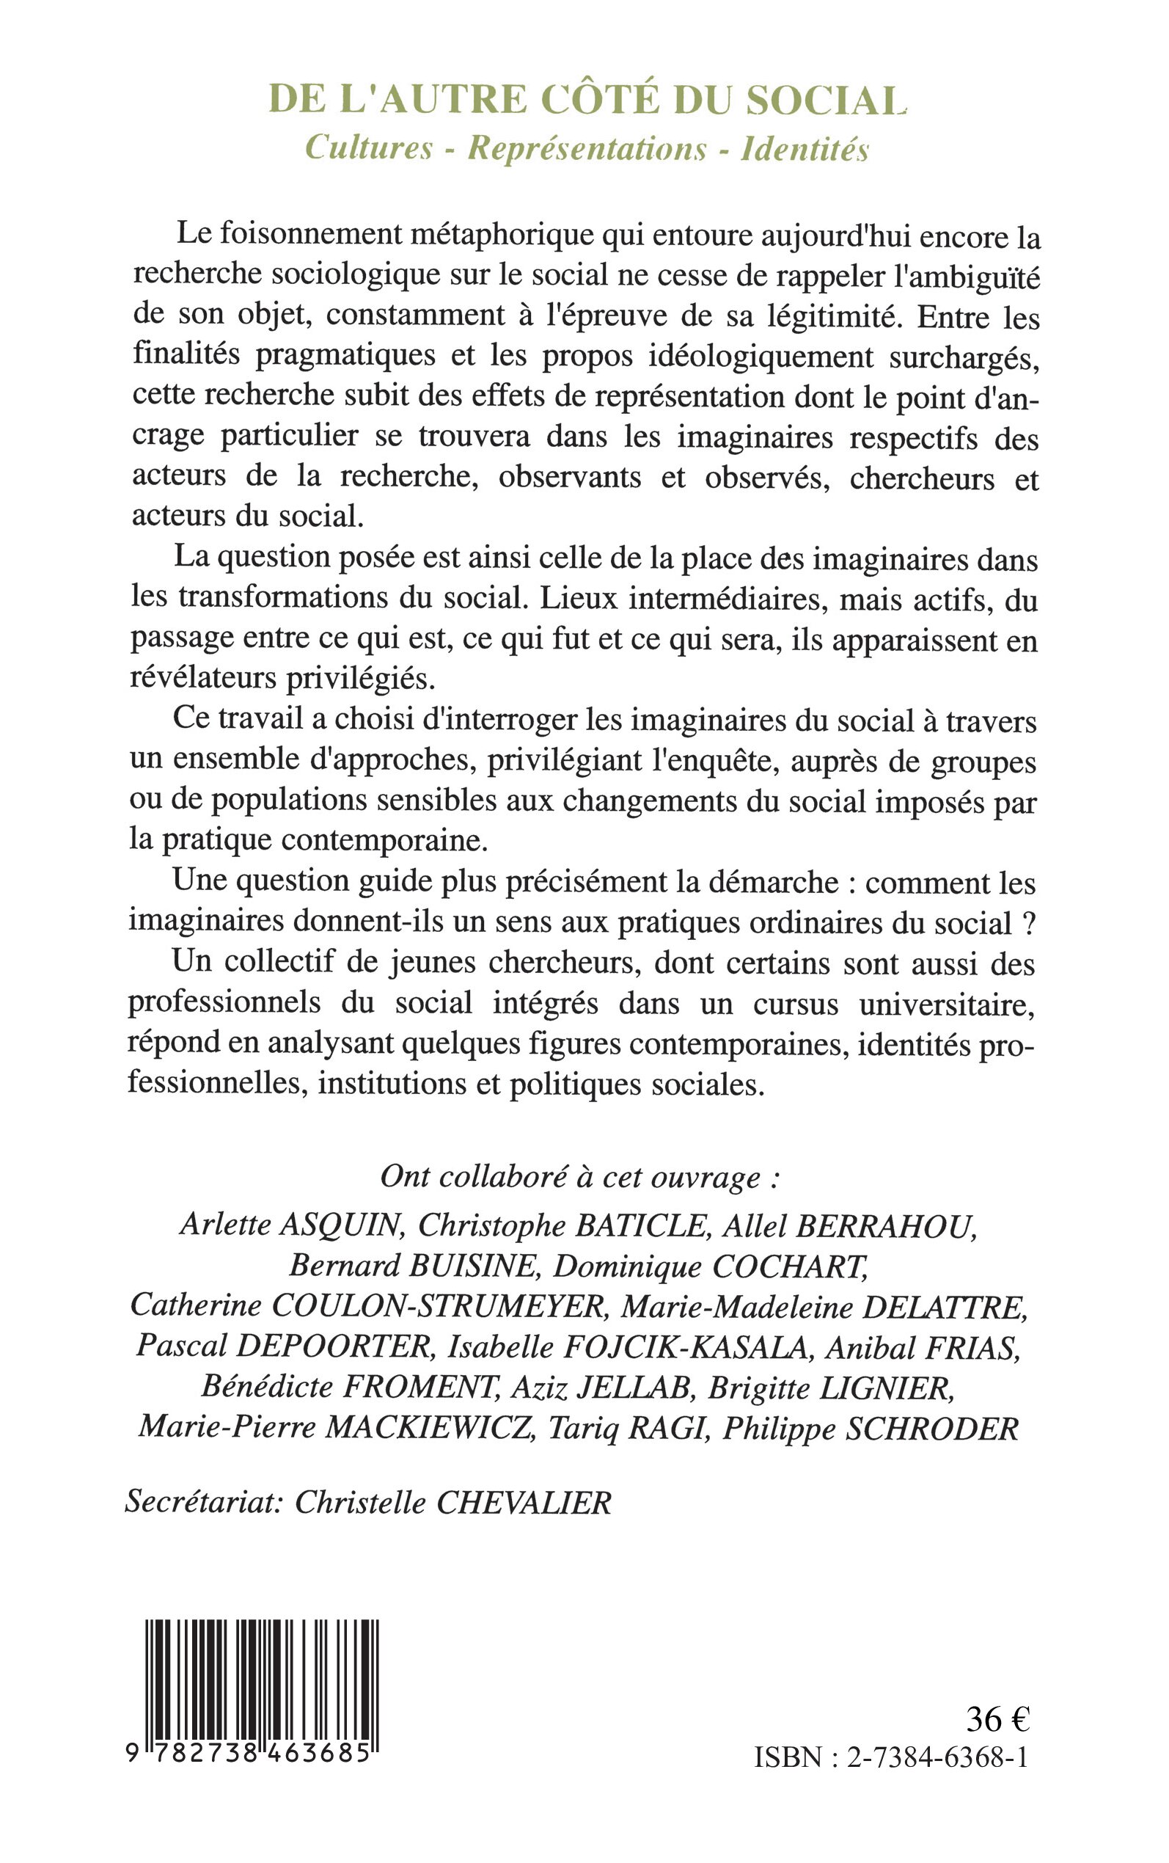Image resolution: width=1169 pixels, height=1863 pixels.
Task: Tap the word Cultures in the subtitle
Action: tap(368, 147)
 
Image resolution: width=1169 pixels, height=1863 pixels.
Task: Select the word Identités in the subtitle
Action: tap(805, 148)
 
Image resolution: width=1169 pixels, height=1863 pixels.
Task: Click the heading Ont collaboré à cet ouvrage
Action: tap(580, 1177)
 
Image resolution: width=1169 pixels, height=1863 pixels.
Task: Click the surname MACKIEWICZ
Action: tap(430, 1429)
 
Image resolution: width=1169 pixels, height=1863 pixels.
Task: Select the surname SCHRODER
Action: tap(932, 1429)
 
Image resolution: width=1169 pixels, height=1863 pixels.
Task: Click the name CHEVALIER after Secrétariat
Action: tap(524, 1503)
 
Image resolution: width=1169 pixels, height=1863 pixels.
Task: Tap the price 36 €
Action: tap(997, 1718)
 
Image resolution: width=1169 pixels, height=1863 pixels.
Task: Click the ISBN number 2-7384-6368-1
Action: tap(938, 1758)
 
